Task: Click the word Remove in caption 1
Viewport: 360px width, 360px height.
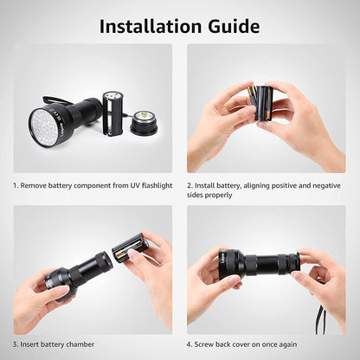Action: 38,185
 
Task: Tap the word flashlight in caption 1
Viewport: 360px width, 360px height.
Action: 153,185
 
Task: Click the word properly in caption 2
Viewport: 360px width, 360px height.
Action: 220,196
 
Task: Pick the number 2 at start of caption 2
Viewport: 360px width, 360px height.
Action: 190,185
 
